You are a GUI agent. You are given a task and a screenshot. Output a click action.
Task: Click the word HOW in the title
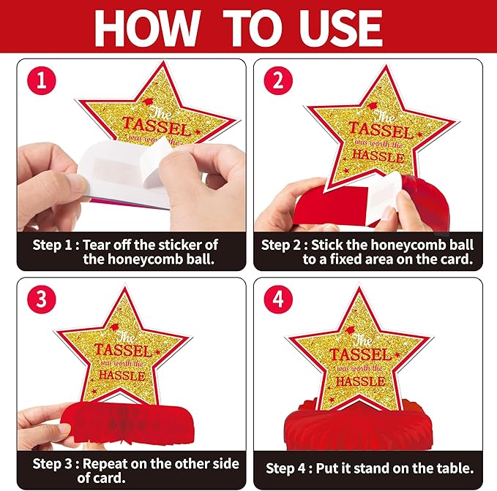(x=147, y=28)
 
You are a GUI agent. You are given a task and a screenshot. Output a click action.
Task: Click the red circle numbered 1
(x=42, y=80)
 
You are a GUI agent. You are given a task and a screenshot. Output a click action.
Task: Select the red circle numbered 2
(x=278, y=80)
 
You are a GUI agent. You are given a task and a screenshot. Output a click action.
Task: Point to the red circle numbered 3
(x=42, y=299)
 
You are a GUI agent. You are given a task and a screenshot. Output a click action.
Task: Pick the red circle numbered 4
(x=278, y=299)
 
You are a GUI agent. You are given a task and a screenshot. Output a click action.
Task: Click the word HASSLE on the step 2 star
(x=378, y=156)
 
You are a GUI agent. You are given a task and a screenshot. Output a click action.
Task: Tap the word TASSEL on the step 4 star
(x=361, y=354)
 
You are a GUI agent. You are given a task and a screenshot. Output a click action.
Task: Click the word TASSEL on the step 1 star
(x=157, y=126)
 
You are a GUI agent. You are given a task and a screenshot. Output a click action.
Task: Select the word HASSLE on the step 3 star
(x=122, y=376)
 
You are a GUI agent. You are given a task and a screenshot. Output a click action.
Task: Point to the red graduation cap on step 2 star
(x=373, y=106)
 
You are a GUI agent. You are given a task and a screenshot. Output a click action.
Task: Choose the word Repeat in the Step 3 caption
(x=105, y=464)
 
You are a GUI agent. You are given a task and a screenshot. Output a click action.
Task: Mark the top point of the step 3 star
(x=125, y=288)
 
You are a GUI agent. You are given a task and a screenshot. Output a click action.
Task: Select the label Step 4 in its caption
(x=285, y=469)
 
